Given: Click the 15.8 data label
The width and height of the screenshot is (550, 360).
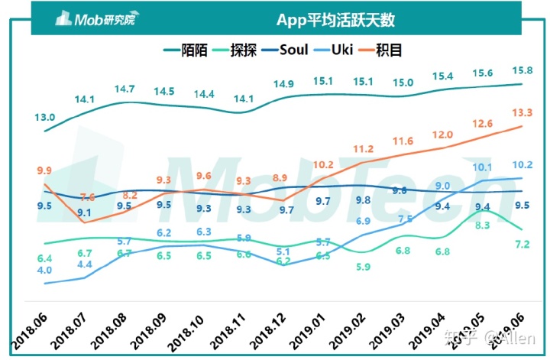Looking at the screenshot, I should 522,72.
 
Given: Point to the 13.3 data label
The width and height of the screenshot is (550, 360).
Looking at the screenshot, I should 522,113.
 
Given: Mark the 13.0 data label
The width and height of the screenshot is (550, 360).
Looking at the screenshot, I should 44,117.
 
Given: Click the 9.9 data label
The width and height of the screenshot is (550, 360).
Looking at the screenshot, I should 44,170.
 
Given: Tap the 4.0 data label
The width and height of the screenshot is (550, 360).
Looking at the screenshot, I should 44,270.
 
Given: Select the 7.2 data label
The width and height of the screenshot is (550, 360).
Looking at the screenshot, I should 522,244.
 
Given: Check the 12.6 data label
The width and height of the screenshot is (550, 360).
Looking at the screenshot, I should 482,124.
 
